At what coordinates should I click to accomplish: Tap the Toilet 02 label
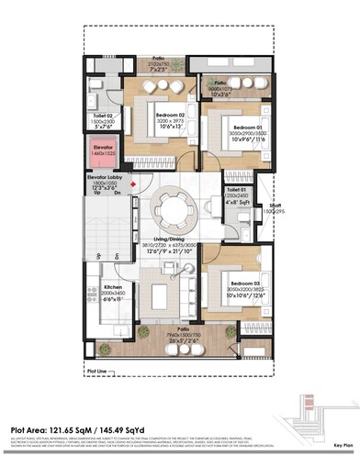click(x=104, y=115)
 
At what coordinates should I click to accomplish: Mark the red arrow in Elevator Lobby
click(x=134, y=184)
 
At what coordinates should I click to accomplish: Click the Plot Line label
click(x=96, y=372)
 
